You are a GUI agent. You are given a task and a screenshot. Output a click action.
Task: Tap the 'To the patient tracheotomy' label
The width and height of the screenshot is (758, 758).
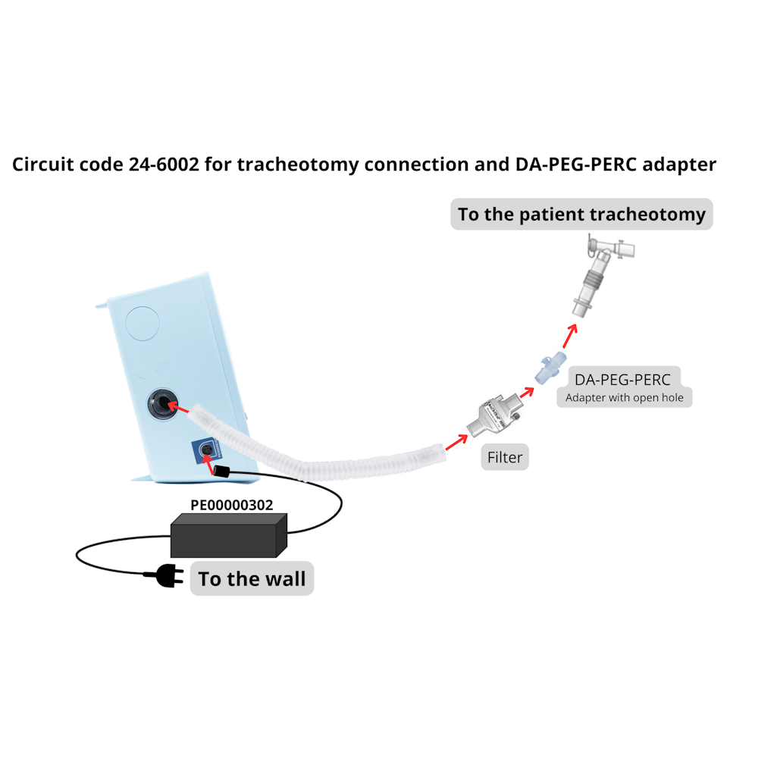(581, 215)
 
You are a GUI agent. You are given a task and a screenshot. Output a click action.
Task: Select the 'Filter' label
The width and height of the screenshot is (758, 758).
(505, 457)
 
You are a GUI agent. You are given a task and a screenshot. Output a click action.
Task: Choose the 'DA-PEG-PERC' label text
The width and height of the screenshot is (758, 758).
(622, 380)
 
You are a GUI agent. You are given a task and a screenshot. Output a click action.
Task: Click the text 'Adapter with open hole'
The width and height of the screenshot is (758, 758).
(624, 397)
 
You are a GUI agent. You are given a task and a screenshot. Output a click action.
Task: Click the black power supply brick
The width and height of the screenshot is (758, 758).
(228, 534)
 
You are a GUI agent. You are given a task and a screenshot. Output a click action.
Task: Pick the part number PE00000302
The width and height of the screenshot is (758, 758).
(231, 503)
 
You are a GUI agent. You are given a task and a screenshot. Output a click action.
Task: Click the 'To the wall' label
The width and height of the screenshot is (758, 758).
(252, 579)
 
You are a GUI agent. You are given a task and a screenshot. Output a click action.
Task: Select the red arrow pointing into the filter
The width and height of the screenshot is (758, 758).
(456, 441)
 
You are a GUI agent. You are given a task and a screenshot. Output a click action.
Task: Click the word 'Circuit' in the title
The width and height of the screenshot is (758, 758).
(43, 164)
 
